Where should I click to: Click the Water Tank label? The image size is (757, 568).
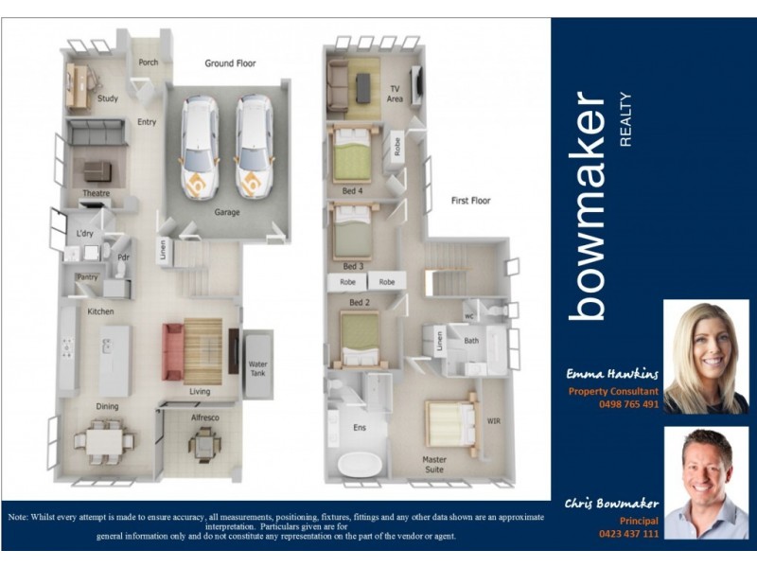(257, 367)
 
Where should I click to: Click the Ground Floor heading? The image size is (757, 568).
(230, 63)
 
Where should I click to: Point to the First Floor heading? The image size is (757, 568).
(470, 201)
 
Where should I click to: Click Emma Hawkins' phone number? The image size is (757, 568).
(627, 404)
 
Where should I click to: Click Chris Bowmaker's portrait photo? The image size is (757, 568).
(705, 482)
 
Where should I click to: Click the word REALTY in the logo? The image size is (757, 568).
(624, 119)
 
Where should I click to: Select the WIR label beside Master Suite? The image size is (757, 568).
(493, 420)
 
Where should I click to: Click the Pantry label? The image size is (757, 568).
(86, 277)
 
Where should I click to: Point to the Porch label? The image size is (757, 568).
(149, 63)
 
